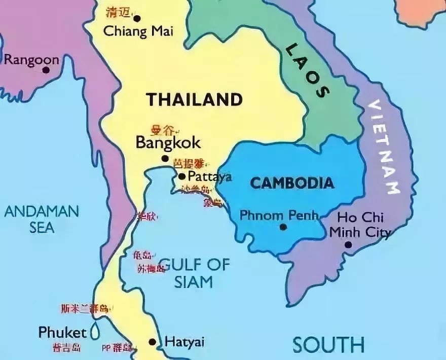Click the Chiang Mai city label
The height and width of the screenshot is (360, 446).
pos(138,31)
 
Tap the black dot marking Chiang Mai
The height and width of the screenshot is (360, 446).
pos(136,19)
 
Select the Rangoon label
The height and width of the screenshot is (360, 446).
pos(31,60)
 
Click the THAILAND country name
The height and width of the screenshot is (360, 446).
pos(194,99)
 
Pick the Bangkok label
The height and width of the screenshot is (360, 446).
pos(168,143)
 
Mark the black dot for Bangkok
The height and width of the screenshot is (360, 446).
pos(165,159)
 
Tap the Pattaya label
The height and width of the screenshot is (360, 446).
pos(209,177)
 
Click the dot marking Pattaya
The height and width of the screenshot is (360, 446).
pos(182,176)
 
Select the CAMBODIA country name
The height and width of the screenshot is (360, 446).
pos(292,183)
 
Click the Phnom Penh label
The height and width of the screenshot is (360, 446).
pos(279,215)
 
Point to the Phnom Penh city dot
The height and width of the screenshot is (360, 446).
pos(283,227)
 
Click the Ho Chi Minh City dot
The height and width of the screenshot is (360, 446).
pos(348,245)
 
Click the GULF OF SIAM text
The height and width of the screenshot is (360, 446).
pos(194,273)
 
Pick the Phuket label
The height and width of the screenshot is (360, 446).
pos(62,333)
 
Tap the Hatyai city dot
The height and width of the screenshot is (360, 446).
pos(152,342)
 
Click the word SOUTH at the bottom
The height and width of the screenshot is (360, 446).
pos(328,345)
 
